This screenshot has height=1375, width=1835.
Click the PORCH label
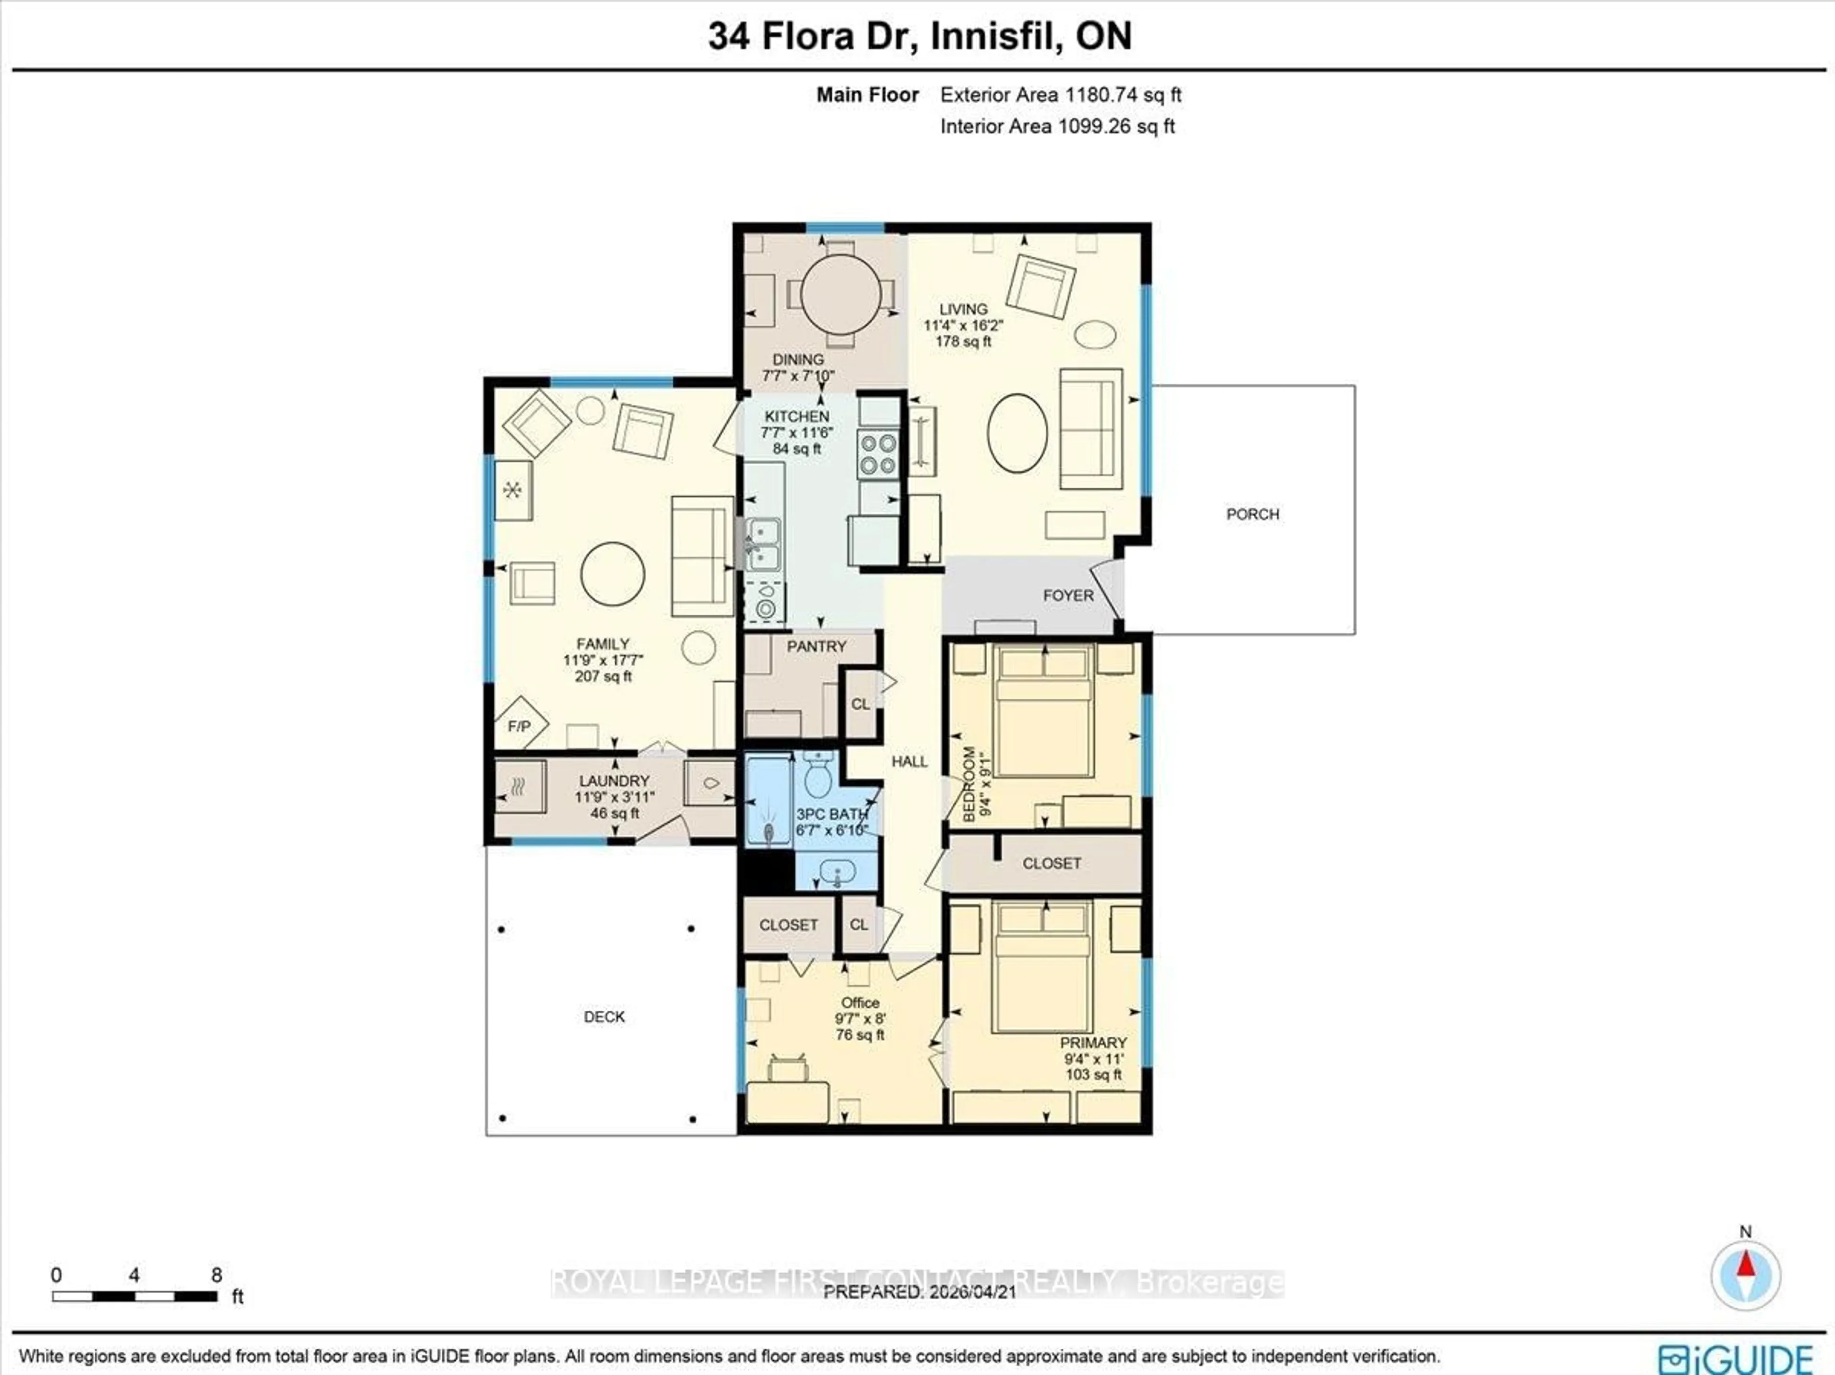pos(1252,514)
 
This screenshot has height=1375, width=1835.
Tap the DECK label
pos(604,1017)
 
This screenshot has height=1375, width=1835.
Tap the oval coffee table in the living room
pos(1016,433)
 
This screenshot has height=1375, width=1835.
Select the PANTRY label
pos(816,647)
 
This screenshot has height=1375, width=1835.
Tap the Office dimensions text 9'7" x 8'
pos(860,1019)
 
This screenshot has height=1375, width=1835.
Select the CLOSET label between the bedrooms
pos(1051,864)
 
